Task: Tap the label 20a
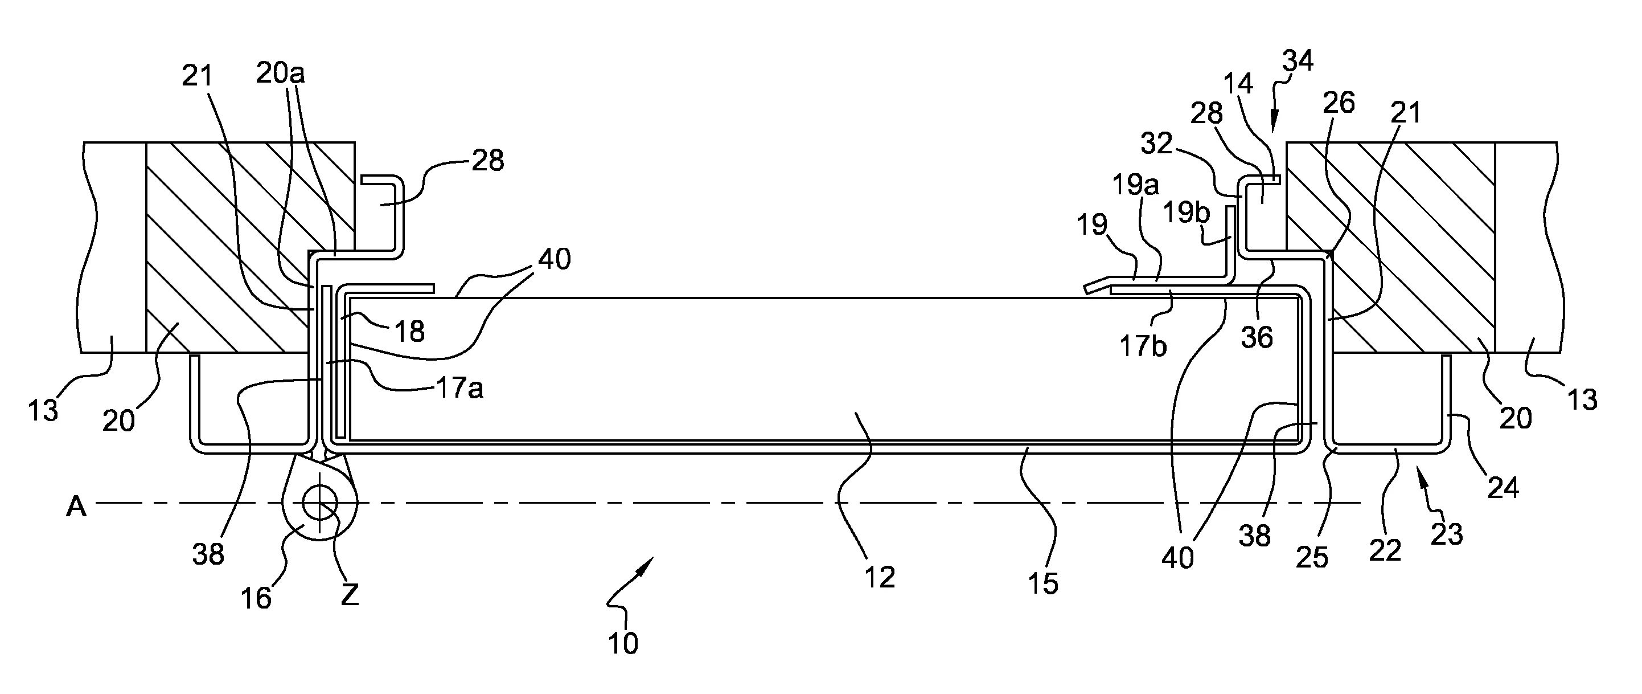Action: [x=281, y=74]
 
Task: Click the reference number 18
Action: [x=409, y=331]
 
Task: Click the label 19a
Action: [x=1135, y=185]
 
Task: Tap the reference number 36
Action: [x=1257, y=337]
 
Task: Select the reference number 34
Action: [x=1298, y=61]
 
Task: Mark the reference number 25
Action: [x=1312, y=557]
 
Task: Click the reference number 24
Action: [x=1503, y=487]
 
